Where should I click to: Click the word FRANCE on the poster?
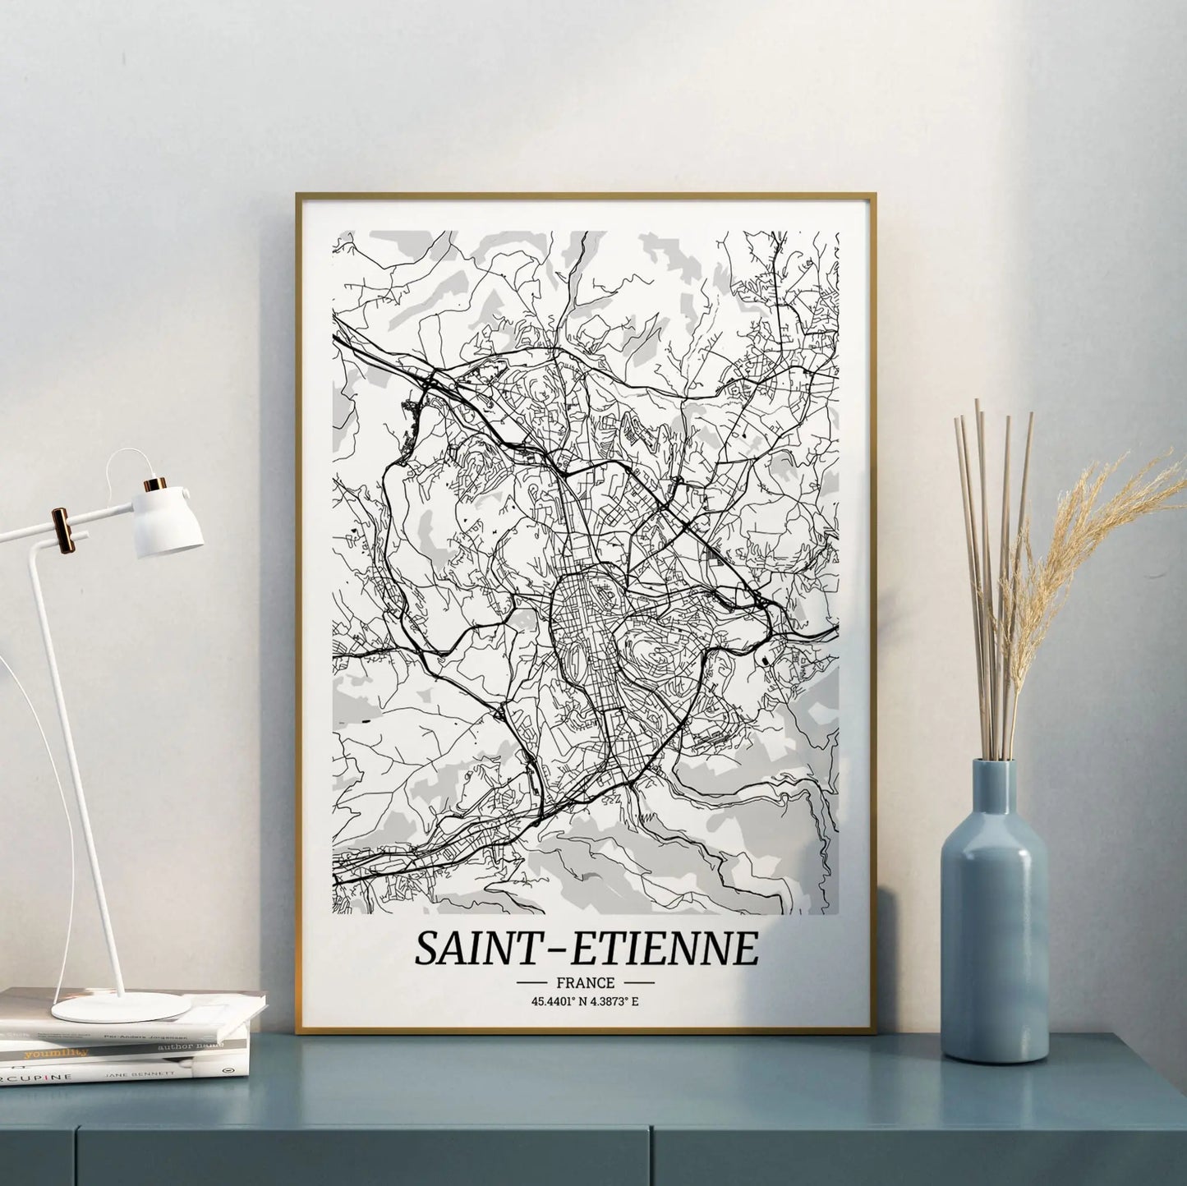584,981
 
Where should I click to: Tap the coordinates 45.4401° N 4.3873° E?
585,1000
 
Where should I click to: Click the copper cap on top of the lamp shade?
154,485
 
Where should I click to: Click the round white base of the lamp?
122,1007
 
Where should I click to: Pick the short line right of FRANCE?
638,982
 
